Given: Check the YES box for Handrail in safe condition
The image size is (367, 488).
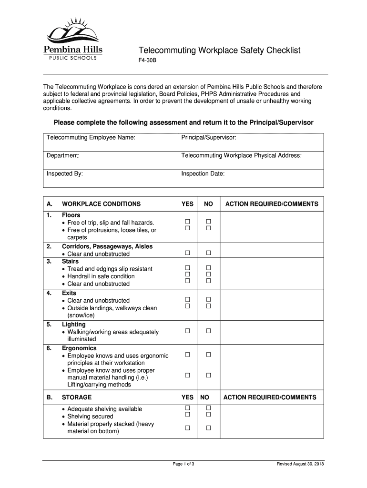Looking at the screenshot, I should tap(188, 274).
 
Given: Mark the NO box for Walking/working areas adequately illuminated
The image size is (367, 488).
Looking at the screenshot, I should tap(208, 331).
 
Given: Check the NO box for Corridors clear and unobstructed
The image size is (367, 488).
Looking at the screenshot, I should tap(208, 253).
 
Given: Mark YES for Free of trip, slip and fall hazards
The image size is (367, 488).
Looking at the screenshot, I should tap(188, 222).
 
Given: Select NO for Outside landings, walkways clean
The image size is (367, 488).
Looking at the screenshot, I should tap(208, 306).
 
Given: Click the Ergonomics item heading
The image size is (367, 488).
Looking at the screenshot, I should tap(79, 348).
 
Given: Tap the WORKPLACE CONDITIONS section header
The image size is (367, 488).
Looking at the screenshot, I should tap(101, 204).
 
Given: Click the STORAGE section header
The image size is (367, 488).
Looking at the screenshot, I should tap(77, 397).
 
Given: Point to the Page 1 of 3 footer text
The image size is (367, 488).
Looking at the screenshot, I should tap(183, 464).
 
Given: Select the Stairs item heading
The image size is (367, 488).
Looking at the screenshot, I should tap(71, 262).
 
